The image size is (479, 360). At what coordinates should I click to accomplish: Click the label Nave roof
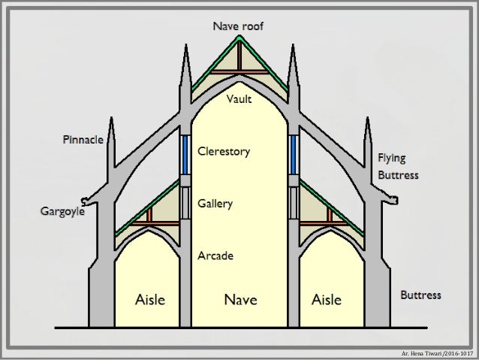(x=239, y=27)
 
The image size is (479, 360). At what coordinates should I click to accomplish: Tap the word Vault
(x=239, y=99)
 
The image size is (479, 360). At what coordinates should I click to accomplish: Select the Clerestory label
(x=223, y=152)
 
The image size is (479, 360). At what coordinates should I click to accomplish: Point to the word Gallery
(x=215, y=204)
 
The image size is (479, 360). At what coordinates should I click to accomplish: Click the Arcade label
(x=215, y=256)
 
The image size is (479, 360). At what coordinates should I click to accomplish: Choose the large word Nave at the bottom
(x=240, y=300)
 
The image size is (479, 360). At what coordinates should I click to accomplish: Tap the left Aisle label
(x=150, y=300)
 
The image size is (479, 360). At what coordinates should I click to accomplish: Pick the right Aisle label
(x=326, y=300)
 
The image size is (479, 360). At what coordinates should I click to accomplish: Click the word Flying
(x=391, y=158)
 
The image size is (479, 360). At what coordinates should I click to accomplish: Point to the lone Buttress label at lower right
(x=420, y=295)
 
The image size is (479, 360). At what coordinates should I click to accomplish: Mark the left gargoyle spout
(x=86, y=200)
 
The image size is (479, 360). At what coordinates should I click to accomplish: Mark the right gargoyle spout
(x=393, y=200)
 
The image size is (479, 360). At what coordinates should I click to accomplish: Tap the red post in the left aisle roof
(x=149, y=215)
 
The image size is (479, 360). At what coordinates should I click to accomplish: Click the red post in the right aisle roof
(x=328, y=215)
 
